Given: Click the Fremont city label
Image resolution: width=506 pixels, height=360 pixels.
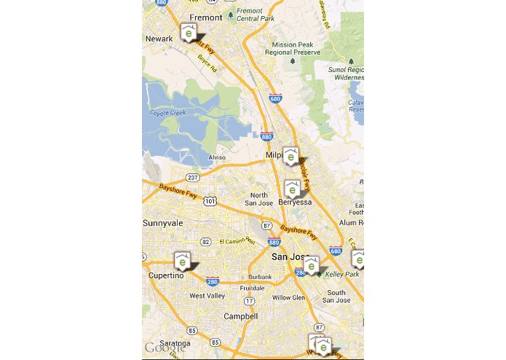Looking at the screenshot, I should point(205,17).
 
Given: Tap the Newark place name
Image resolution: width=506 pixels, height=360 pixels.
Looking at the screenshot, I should point(159,39).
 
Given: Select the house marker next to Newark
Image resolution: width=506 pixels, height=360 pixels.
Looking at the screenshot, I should point(189,33).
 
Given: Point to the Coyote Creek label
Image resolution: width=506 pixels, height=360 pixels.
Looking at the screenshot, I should point(168,113).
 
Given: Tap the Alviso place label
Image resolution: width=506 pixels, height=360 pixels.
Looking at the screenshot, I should point(217,157).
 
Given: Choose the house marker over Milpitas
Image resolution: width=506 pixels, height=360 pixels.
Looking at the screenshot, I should point(291,155).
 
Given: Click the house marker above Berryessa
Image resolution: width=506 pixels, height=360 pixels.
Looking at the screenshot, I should point(292,189).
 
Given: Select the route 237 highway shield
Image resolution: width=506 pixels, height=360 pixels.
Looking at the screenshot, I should point(193,177).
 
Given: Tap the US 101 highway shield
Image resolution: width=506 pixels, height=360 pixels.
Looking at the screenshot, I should point(210,200).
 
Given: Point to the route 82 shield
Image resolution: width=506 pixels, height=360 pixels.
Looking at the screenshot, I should point(206,242).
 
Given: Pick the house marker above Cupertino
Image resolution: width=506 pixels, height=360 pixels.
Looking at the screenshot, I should point(182,260).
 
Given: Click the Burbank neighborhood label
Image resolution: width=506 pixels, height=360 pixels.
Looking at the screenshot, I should point(259,277).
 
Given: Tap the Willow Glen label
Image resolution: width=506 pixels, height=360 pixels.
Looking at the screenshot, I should point(288,297).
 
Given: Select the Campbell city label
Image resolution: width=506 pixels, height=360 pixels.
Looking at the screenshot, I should point(240,316).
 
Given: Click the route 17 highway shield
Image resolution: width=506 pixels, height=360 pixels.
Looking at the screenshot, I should point(250,300).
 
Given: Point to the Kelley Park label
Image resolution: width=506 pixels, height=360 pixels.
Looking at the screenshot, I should point(343,274).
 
